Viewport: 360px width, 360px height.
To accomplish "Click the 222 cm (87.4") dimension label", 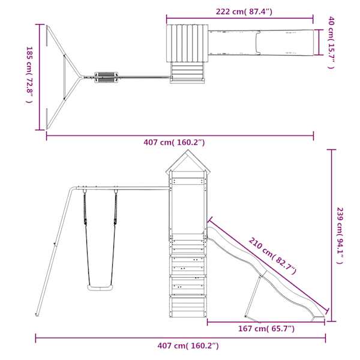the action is [x=244, y=11].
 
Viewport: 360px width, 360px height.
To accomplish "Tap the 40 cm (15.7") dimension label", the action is [x=331, y=43].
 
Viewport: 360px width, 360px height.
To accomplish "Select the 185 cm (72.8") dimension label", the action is [x=29, y=75].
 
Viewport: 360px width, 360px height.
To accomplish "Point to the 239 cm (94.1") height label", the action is [x=340, y=236].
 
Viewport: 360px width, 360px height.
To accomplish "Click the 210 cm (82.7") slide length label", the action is [x=272, y=256].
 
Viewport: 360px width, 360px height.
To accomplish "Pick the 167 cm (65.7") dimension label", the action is [x=266, y=329].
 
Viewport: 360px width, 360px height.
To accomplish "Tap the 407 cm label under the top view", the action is [x=174, y=142].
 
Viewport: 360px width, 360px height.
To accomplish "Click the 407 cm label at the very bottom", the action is [x=188, y=346].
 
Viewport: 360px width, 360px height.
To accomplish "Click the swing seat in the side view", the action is [x=100, y=287].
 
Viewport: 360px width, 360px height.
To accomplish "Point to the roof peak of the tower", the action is [x=188, y=150].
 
